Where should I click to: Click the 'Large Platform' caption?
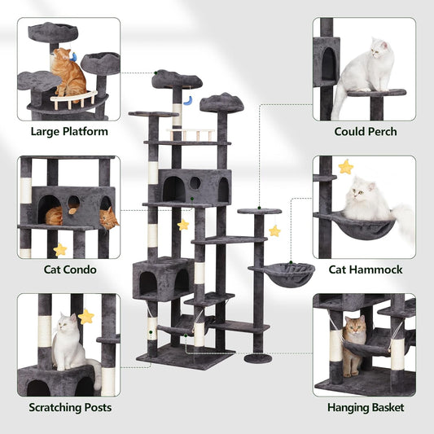click(69, 131)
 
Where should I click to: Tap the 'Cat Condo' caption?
click(69, 270)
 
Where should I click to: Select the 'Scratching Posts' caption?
click(69, 407)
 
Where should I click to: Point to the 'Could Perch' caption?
click(366, 131)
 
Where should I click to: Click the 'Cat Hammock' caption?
click(366, 270)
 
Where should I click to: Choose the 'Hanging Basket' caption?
click(365, 407)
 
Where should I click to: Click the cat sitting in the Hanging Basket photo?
click(353, 342)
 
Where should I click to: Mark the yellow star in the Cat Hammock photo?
click(346, 167)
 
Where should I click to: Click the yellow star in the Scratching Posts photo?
click(86, 316)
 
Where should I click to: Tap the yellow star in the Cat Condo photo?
click(59, 249)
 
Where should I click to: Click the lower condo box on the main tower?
click(163, 278)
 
